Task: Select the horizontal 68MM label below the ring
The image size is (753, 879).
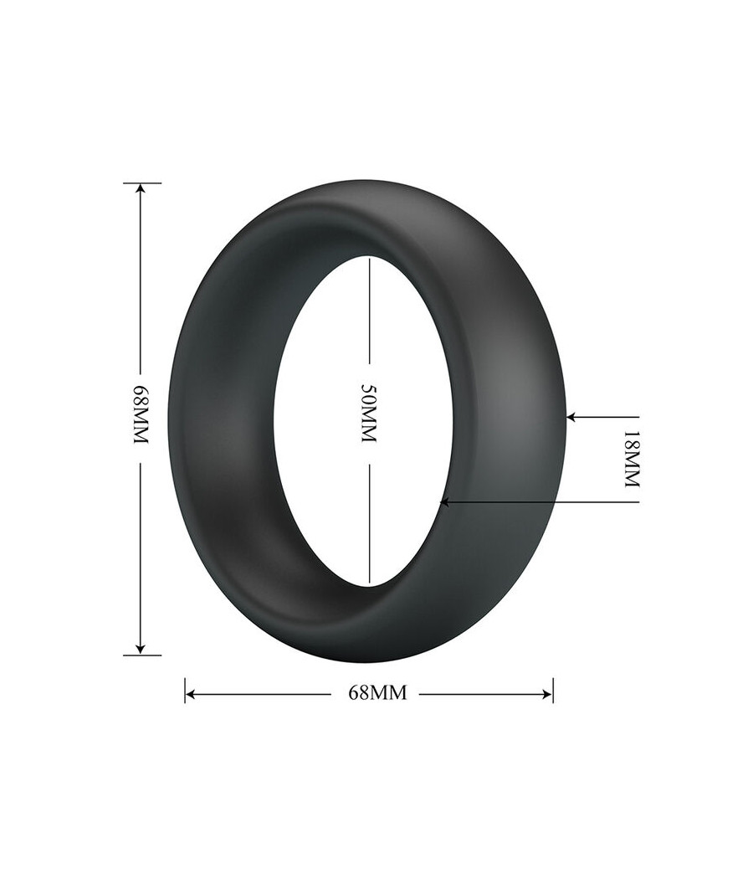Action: [x=377, y=693]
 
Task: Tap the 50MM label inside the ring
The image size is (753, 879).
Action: [x=369, y=414]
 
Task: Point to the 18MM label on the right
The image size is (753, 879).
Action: [x=631, y=459]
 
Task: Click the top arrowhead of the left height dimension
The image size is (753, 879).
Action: [x=141, y=190]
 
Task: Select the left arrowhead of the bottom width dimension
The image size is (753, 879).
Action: [x=191, y=695]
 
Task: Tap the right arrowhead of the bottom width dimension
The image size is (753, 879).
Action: [x=547, y=695]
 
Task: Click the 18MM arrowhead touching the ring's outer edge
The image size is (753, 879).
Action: [x=572, y=417]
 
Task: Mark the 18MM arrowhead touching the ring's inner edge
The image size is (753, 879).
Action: [x=445, y=502]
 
